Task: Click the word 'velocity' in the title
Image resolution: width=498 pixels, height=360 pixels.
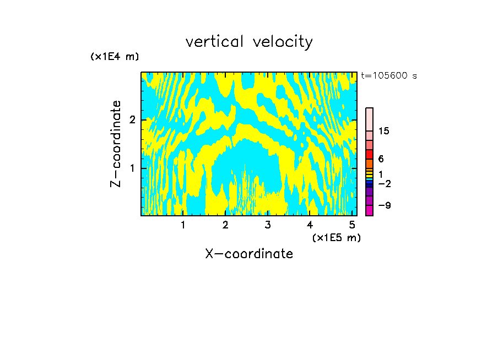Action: (x=283, y=42)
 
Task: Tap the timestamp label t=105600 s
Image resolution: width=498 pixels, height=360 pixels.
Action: (x=388, y=76)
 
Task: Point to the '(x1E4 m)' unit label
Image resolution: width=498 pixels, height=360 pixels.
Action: (x=115, y=57)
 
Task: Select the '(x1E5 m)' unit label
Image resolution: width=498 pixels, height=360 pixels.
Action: (x=336, y=237)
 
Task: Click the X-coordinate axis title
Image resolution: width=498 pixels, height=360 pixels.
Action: (x=249, y=254)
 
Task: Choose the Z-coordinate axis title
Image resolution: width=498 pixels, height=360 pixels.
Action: (x=116, y=144)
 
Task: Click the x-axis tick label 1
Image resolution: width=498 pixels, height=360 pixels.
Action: (x=183, y=225)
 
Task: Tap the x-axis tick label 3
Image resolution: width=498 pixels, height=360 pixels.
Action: (x=268, y=225)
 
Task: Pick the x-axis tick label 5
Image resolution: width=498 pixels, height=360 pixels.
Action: (x=352, y=225)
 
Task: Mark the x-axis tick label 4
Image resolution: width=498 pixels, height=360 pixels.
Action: (x=310, y=225)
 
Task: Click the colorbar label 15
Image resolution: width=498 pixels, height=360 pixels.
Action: (x=384, y=131)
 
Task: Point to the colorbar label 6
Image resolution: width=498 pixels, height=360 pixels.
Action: (x=381, y=159)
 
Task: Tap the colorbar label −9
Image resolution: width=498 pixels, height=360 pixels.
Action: (x=384, y=205)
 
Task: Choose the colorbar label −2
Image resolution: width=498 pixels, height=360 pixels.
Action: (x=384, y=183)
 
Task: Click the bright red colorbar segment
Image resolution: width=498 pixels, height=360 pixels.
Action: (x=369, y=154)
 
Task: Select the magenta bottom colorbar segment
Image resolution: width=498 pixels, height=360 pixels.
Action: (x=369, y=210)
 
